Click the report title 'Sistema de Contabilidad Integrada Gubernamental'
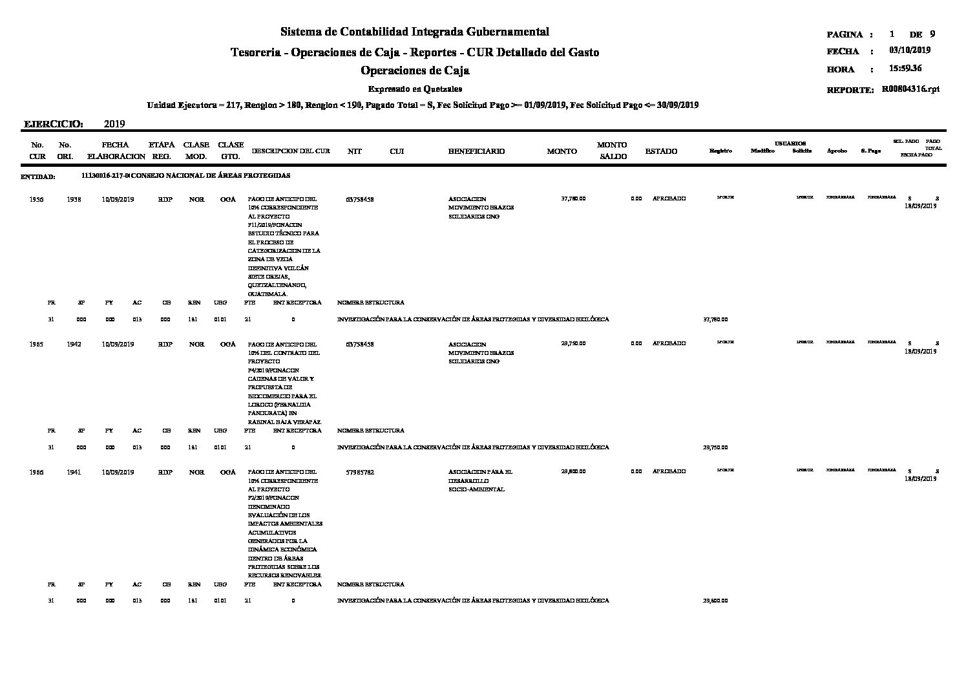click(x=414, y=32)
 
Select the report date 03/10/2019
click(x=909, y=50)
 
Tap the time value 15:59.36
click(x=905, y=69)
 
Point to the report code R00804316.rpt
click(x=910, y=90)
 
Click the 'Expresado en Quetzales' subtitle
click(x=414, y=89)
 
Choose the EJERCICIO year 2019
click(x=114, y=123)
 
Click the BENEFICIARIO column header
click(x=476, y=151)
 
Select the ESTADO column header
click(x=661, y=151)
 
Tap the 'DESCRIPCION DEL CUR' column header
click(x=291, y=151)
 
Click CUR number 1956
click(x=37, y=199)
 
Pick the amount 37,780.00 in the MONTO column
click(x=573, y=199)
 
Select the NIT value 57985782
click(x=360, y=473)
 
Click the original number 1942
click(x=74, y=345)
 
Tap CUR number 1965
click(x=37, y=345)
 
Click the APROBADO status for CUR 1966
click(x=669, y=471)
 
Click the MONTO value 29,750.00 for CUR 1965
click(x=573, y=345)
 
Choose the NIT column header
click(x=354, y=151)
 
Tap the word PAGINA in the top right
click(x=845, y=34)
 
